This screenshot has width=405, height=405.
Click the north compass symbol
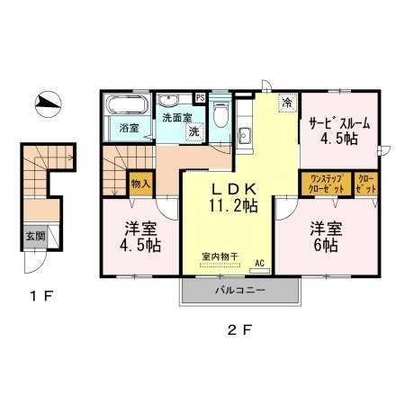tap(49, 104)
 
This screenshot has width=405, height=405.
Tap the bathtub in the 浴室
tap(127, 104)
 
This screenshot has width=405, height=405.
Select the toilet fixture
tap(220, 113)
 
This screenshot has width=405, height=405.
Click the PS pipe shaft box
tap(200, 98)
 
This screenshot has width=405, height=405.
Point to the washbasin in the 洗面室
tap(168, 100)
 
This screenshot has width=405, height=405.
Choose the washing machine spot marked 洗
tap(194, 131)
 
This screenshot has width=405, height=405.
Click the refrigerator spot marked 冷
tap(287, 103)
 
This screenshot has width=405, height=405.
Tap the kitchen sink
tap(245, 136)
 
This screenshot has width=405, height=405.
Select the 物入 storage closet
tap(140, 184)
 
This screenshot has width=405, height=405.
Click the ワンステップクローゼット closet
tap(327, 184)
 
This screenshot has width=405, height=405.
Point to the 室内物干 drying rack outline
tap(220, 265)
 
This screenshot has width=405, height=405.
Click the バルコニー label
tap(240, 291)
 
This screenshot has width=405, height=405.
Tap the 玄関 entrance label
tap(35, 236)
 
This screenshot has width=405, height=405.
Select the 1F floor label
tap(41, 296)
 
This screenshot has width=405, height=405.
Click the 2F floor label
tap(239, 330)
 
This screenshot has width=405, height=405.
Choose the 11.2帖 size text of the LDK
tap(233, 206)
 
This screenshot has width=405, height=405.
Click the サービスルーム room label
tap(339, 123)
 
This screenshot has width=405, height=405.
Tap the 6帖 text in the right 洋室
tap(326, 246)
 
